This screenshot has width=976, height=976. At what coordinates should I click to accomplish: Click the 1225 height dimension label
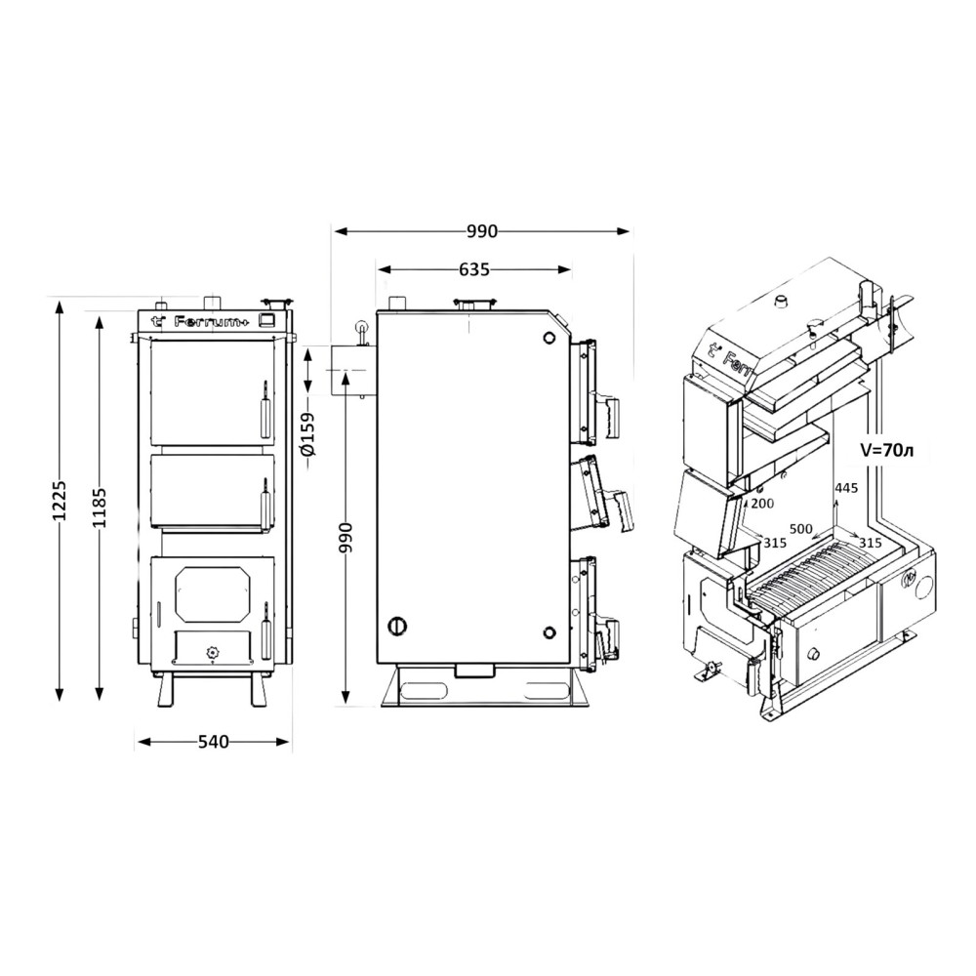pyautogui.click(x=60, y=501)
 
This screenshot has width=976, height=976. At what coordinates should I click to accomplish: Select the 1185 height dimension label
pyautogui.click(x=99, y=508)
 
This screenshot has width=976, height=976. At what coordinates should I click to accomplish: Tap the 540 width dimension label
pyautogui.click(x=214, y=742)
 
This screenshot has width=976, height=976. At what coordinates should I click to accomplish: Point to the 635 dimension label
pyautogui.click(x=474, y=269)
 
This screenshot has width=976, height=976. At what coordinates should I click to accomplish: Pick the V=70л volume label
pyautogui.click(x=887, y=451)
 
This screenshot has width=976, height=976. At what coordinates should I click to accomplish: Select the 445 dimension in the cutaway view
pyautogui.click(x=846, y=488)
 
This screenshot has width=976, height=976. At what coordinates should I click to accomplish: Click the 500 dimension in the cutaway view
pyautogui.click(x=800, y=528)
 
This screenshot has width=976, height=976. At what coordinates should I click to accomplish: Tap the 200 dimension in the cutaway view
pyautogui.click(x=762, y=503)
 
